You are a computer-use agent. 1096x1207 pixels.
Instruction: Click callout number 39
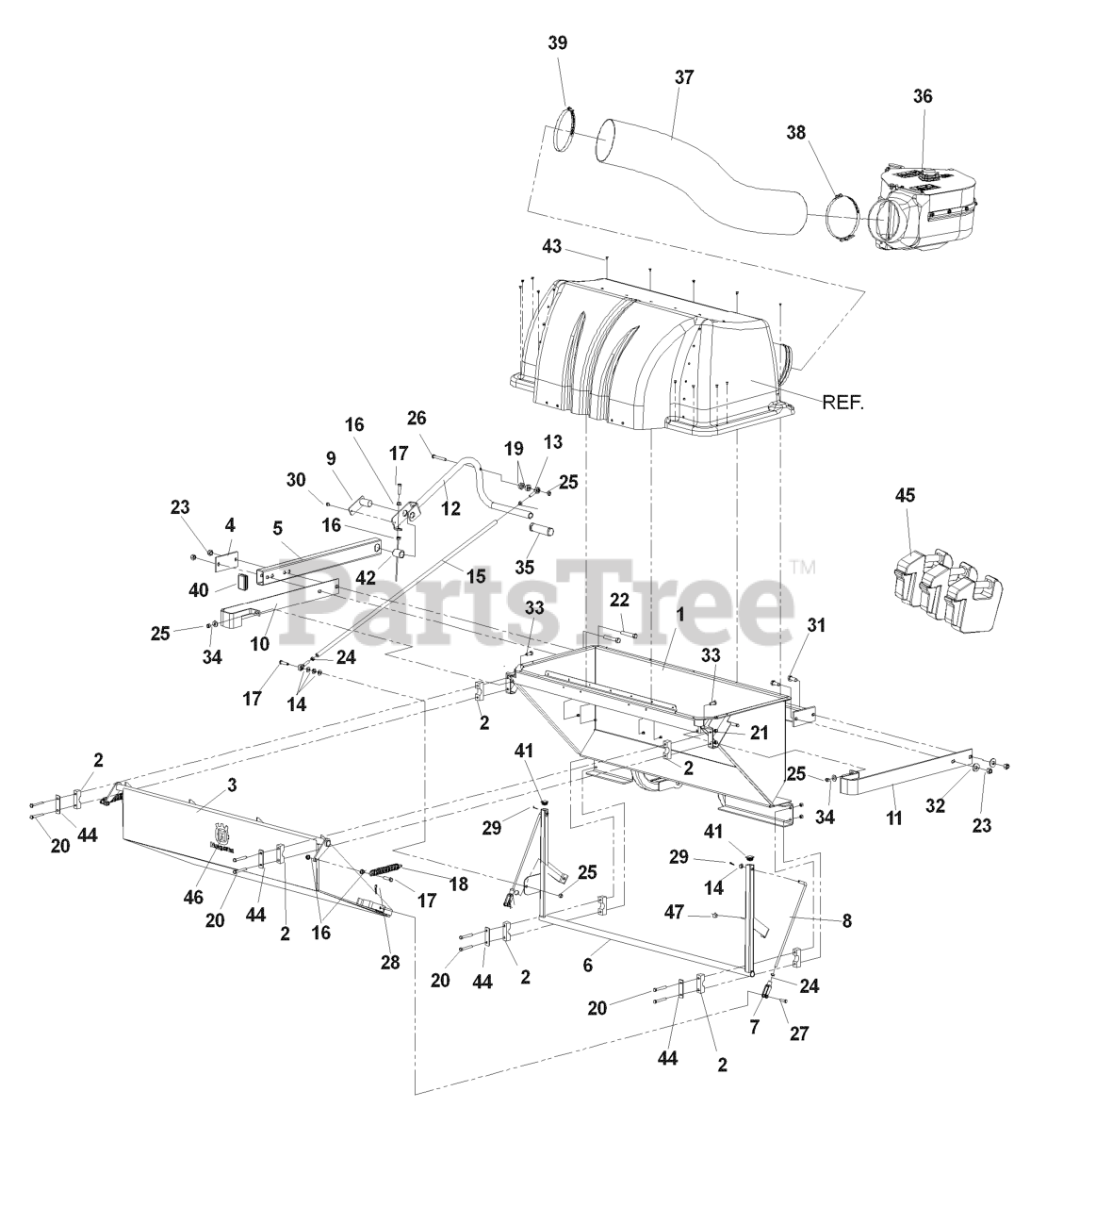click(x=558, y=43)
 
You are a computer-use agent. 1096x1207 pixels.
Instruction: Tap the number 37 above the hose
click(x=683, y=77)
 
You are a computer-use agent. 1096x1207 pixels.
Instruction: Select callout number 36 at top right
click(x=922, y=96)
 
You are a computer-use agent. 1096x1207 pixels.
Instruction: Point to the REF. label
click(x=842, y=402)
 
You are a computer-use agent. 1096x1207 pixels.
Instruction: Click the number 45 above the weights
click(x=906, y=495)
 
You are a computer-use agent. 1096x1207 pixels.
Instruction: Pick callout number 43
click(x=551, y=246)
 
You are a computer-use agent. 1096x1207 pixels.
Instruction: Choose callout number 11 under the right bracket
click(x=893, y=818)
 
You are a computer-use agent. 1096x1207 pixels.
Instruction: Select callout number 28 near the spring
click(x=389, y=962)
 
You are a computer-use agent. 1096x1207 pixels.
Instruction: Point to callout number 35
click(x=523, y=567)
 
